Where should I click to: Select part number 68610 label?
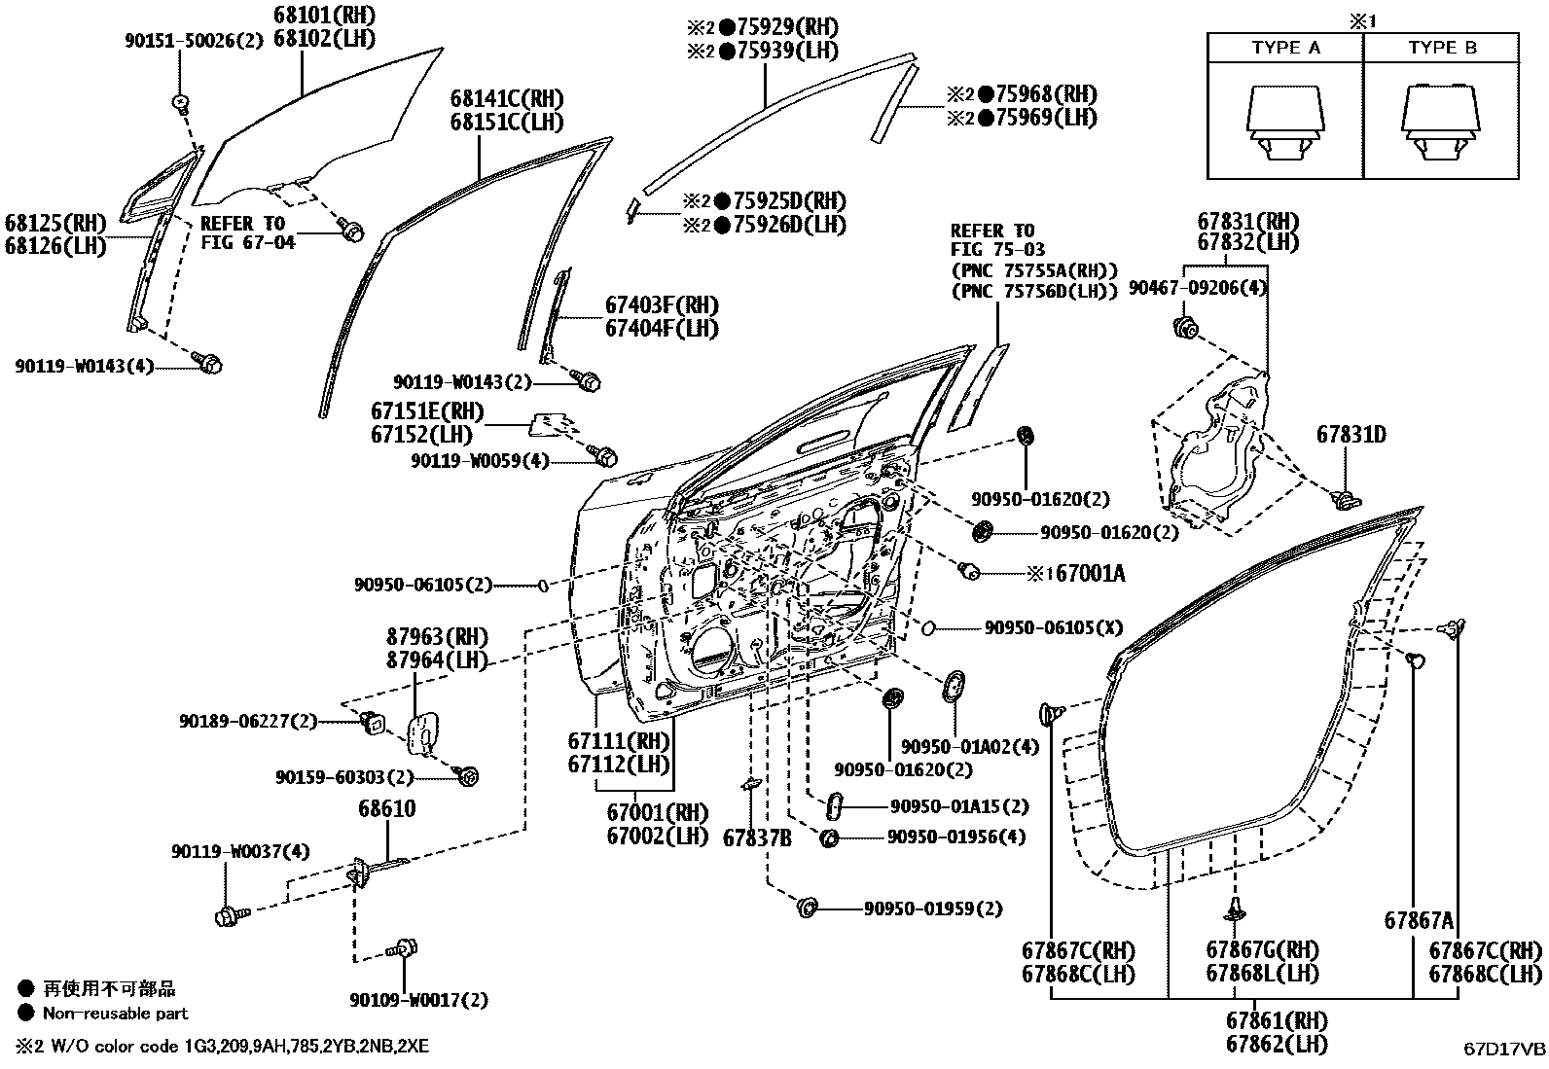click(387, 809)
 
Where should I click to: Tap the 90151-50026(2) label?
click(194, 41)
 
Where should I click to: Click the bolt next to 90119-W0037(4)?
click(229, 915)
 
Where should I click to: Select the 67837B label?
click(757, 837)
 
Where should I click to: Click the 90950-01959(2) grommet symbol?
click(807, 908)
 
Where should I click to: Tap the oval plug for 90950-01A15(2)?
click(834, 806)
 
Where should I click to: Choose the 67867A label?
click(1418, 921)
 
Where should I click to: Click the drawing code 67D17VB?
click(1504, 1049)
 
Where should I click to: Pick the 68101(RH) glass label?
click(310, 16)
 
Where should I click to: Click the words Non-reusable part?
click(115, 1014)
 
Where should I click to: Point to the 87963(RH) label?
click(437, 637)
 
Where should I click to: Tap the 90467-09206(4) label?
click(1198, 288)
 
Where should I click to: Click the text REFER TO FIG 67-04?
click(248, 232)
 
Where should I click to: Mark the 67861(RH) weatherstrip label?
click(1276, 1021)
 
